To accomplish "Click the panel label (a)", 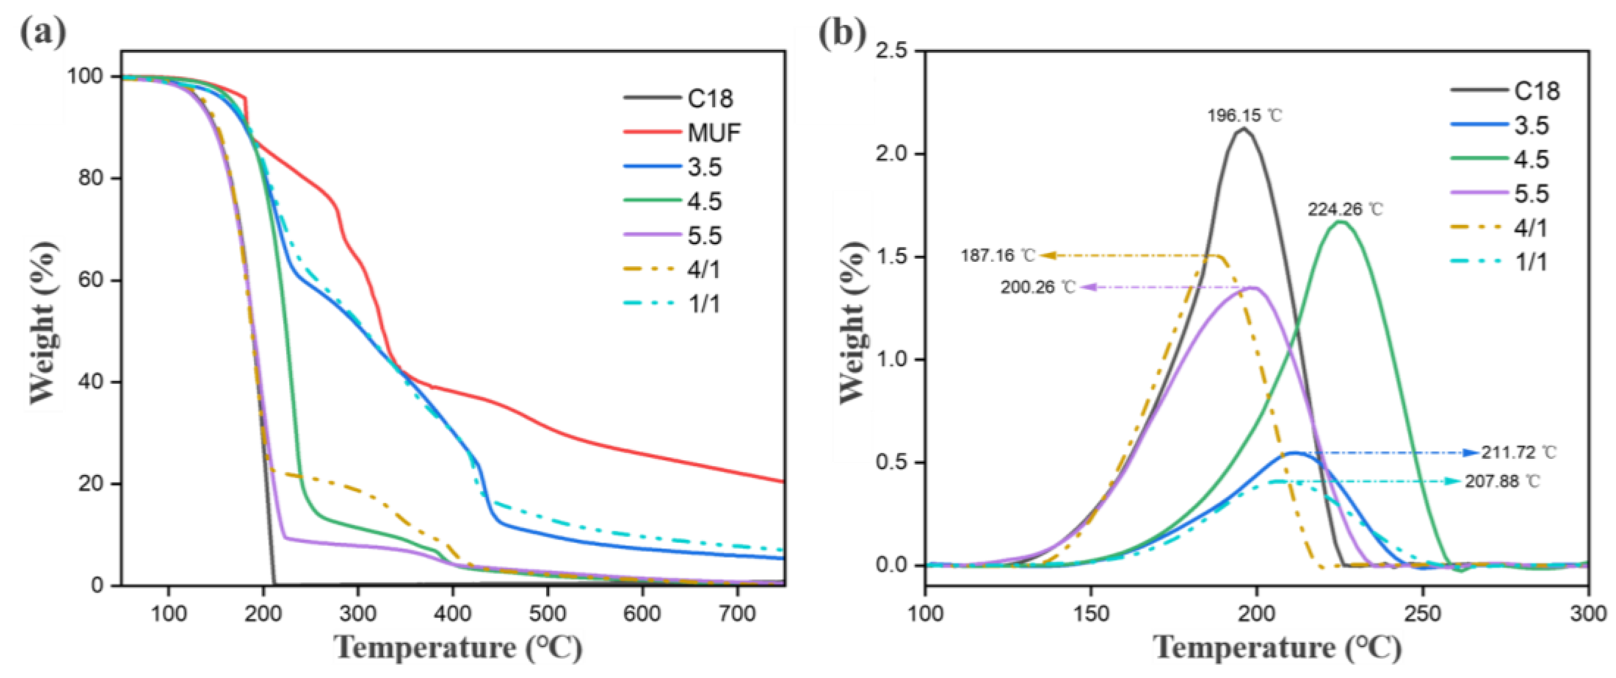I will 43,33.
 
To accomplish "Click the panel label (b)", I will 843,33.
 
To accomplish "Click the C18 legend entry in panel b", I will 1536,91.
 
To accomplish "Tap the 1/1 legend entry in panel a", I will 704,304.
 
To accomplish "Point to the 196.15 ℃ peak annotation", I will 1245,116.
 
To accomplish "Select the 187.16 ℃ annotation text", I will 997,256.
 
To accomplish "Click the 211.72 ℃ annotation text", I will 1519,452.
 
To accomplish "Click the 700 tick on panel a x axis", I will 737,613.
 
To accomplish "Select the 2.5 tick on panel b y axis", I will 891,51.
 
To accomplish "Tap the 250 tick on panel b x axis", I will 1422,613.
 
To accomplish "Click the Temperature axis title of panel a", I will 458,648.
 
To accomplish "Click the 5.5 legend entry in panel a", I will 704,236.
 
